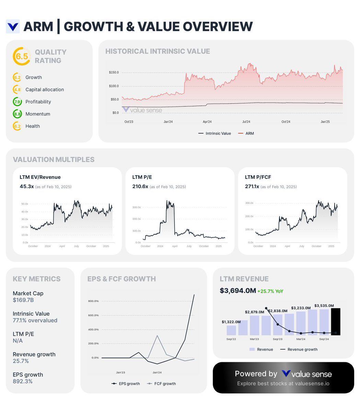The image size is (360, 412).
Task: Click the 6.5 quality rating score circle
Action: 22,56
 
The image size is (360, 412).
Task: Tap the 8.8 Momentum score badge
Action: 18,114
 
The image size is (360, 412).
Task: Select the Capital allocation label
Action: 45,90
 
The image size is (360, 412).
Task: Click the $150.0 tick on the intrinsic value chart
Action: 114,72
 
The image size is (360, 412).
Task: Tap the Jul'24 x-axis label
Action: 246,122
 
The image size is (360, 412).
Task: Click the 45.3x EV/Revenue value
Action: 27,186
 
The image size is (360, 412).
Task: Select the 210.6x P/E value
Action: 140,186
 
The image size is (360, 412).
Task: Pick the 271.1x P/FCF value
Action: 252,186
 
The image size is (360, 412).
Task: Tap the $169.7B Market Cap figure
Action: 23,300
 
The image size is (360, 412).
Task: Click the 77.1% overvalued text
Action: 35,320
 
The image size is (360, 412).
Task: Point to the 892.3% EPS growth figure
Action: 23,381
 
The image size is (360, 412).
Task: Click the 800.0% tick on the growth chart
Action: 93,301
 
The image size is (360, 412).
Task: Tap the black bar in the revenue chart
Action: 335,322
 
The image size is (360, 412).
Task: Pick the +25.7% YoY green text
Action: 270,291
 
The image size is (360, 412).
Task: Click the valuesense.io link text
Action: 312,384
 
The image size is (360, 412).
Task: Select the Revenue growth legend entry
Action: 302,349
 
